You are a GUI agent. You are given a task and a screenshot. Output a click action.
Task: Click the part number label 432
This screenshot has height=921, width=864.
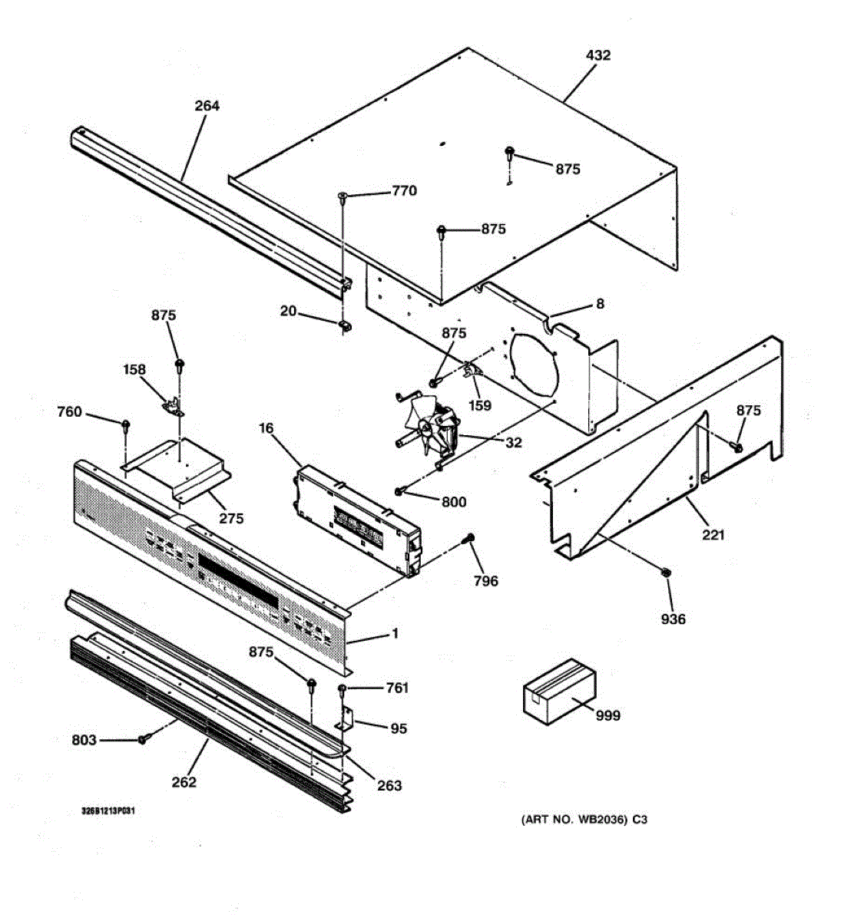(x=598, y=55)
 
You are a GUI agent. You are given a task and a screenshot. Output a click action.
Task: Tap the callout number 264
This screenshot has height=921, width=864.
(x=207, y=106)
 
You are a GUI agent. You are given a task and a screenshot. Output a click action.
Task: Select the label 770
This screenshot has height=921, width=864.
(x=404, y=191)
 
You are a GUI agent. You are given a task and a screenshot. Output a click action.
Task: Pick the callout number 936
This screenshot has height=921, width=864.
(x=674, y=619)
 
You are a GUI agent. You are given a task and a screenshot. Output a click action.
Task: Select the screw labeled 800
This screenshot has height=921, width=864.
(x=401, y=490)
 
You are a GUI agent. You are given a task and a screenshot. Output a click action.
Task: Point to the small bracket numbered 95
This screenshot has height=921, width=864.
(x=346, y=720)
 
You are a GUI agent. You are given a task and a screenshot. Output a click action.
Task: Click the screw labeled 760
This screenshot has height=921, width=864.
(x=125, y=424)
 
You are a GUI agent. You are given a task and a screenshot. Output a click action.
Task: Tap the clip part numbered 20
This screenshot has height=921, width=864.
(x=343, y=327)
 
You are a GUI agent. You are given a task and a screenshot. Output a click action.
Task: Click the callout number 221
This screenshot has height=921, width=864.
(x=713, y=534)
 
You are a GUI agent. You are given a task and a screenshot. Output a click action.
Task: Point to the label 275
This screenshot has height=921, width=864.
(x=231, y=518)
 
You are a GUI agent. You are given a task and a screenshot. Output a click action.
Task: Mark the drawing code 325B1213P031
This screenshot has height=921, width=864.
(x=109, y=810)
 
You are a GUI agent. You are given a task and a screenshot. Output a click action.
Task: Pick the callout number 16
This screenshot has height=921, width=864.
(x=266, y=427)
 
